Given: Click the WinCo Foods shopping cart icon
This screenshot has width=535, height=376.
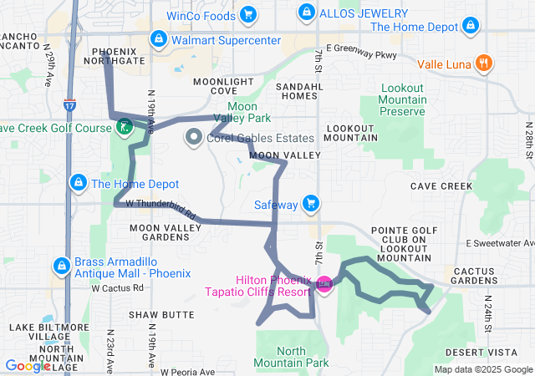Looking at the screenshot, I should click(247, 13).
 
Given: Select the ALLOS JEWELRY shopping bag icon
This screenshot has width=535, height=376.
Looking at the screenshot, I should click(307, 13).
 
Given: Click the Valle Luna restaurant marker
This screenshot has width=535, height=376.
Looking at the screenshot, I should click(483, 63).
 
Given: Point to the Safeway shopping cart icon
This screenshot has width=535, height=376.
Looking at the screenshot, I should click(311, 203).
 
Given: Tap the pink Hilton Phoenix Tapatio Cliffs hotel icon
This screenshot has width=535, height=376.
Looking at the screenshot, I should click(324, 285).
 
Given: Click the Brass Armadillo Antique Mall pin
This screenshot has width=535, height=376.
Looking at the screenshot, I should click(61, 266).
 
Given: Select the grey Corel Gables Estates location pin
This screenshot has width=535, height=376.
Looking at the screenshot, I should click(194, 137).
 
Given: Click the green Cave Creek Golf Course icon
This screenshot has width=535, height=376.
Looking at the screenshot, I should click(124, 128).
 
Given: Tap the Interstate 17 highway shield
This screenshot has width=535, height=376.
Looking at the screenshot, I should click(69, 105).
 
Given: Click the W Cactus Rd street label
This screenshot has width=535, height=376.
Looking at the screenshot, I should click(118, 288).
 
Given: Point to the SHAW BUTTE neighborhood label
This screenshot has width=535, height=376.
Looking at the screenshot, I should click(161, 315).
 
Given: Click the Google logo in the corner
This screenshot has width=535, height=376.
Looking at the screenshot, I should click(28, 365).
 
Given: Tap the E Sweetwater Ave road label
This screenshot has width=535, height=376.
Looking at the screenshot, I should click(501, 242).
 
